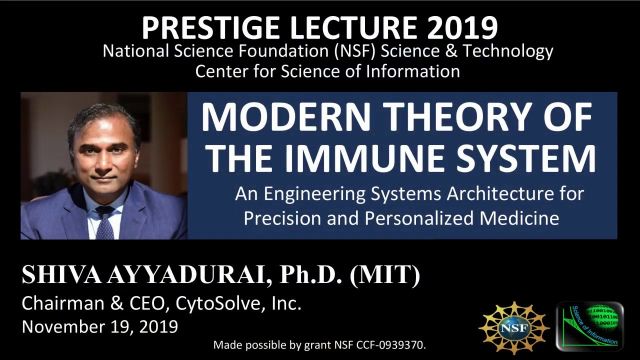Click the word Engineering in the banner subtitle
(355, 194)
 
